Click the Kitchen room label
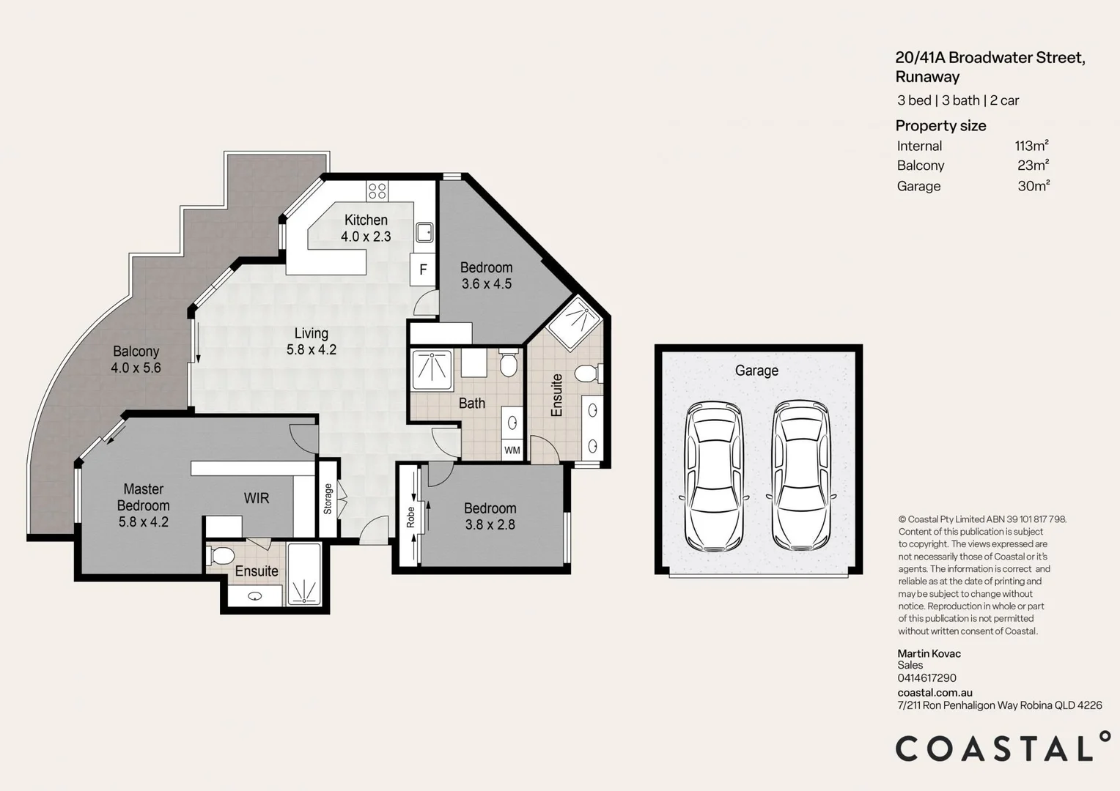[366, 220]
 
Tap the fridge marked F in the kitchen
[423, 270]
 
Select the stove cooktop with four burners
[377, 191]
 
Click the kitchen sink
[424, 232]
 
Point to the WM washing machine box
[512, 450]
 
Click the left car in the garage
[714, 476]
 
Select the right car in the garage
[800, 476]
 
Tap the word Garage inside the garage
[756, 371]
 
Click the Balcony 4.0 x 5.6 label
[136, 360]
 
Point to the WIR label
[257, 498]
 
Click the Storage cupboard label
[328, 498]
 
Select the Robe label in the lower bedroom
[410, 517]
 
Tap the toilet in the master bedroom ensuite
[221, 556]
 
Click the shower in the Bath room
[432, 371]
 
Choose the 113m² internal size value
[1031, 146]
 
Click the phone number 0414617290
[926, 678]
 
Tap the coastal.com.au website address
[935, 692]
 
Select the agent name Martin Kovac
[929, 653]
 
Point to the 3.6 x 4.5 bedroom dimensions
[487, 284]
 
